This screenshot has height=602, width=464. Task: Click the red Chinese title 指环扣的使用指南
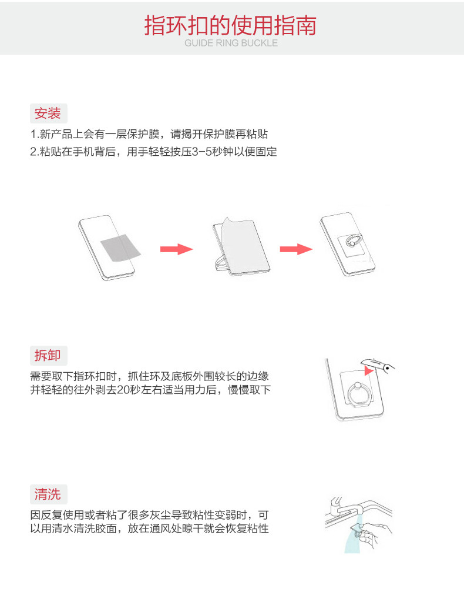(x=230, y=25)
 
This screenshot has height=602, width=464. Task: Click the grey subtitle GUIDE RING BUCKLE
(x=231, y=43)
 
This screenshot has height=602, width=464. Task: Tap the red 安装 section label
(x=48, y=113)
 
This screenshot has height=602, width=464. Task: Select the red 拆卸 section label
(x=48, y=355)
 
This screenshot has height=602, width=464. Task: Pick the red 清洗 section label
(x=48, y=494)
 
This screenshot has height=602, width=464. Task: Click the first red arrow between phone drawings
(x=176, y=249)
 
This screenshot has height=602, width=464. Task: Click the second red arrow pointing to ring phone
(x=296, y=249)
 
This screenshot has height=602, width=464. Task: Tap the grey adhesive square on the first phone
(x=121, y=248)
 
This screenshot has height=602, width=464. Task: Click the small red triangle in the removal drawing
(x=368, y=370)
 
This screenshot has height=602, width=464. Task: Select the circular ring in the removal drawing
(x=358, y=395)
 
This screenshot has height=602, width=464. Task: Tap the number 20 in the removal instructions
(x=123, y=390)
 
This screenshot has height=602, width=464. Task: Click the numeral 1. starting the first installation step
(x=35, y=135)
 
